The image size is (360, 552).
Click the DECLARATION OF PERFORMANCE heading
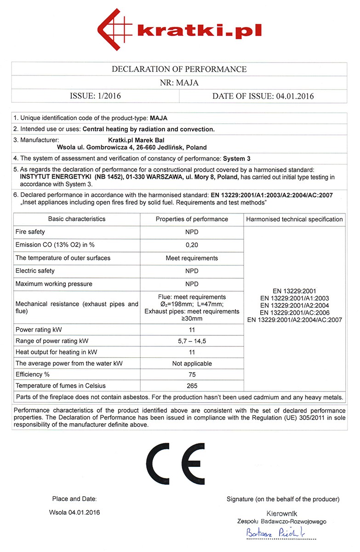point(179,69)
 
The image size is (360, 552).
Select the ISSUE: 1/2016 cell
point(95,96)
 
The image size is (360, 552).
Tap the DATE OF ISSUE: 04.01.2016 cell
point(263,96)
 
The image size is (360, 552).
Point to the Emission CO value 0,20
point(192,245)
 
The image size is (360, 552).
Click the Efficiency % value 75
point(192,374)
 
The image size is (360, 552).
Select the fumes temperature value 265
point(192,385)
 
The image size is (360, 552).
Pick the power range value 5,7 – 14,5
point(192,341)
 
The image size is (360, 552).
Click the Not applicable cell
point(192,363)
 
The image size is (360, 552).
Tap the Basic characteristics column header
point(77,219)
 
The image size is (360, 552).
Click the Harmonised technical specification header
point(294,219)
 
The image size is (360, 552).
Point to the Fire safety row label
point(30,232)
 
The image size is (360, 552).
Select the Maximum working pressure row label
point(54,284)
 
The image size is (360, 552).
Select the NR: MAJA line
point(179,83)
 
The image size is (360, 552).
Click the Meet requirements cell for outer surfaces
point(192,258)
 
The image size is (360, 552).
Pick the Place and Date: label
point(74,499)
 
